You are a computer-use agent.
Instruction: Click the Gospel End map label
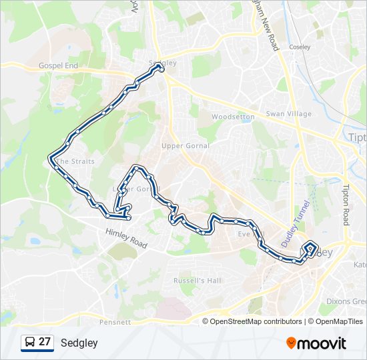(59, 66)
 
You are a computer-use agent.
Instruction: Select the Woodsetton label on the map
(233, 117)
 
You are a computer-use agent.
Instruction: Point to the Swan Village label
(289, 114)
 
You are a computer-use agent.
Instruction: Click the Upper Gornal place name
(185, 145)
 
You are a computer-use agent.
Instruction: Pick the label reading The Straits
(75, 161)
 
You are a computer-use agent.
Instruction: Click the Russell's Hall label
(197, 281)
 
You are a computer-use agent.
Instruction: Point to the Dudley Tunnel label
(297, 223)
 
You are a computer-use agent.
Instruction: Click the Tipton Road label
(346, 205)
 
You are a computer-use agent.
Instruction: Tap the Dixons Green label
(346, 301)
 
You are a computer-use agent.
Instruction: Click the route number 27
(45, 342)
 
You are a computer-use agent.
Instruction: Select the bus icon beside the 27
(30, 343)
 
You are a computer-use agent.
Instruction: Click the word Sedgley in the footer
(79, 343)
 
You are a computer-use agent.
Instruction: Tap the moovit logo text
(322, 343)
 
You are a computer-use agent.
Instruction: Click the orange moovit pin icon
(291, 343)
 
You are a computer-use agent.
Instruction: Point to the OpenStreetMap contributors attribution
(256, 321)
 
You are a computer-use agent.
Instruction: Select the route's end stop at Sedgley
(161, 69)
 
